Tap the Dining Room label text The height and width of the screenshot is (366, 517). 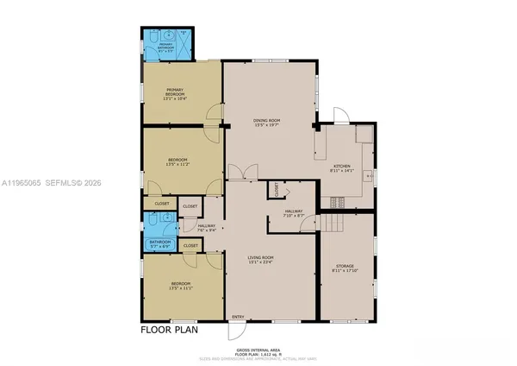[267, 122]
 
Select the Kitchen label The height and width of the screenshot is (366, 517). [342, 167]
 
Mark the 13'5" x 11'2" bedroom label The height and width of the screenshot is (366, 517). [179, 161]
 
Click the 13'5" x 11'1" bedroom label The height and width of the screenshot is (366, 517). [180, 285]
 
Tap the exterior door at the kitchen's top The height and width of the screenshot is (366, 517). [340, 116]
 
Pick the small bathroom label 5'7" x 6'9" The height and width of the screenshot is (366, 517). [160, 244]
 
